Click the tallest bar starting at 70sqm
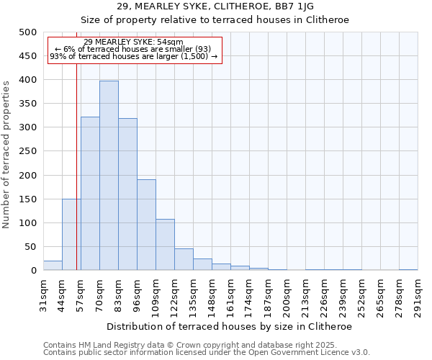coord(109,176)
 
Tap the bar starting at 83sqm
coord(127,194)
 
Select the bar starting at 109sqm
coord(165,245)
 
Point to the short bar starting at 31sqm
coord(53,266)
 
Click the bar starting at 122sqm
coord(184,260)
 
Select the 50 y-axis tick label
coord(30,247)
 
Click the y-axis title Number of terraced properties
coord(6,154)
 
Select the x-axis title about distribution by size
coord(230,326)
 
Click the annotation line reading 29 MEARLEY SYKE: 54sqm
coord(133,42)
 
